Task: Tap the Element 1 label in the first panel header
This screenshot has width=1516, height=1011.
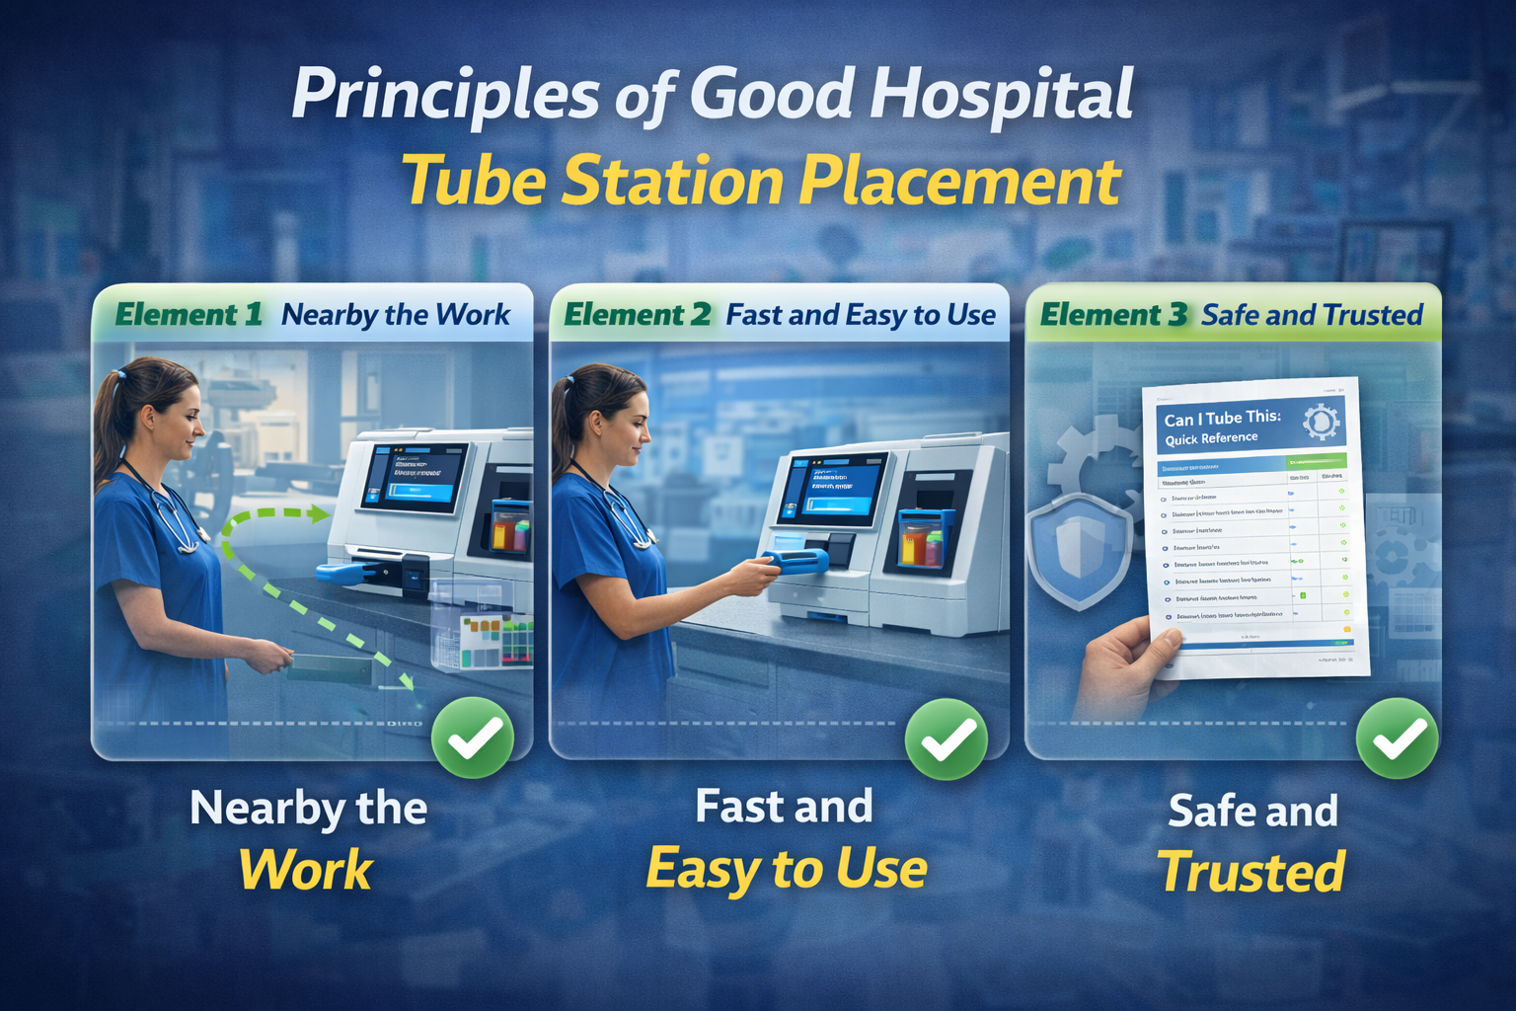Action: [x=189, y=315]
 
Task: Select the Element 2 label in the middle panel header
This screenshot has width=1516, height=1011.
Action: [x=637, y=315]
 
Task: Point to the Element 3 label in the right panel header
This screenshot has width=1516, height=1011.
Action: [x=1113, y=315]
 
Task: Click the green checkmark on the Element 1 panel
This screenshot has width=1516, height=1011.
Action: [x=473, y=738]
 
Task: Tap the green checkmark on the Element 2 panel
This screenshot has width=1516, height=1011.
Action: [x=946, y=739]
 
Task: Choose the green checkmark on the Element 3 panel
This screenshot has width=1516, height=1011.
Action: [x=1397, y=739]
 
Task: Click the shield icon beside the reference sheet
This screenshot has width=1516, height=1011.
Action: [x=1079, y=549]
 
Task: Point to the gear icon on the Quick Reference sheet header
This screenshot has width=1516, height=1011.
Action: [x=1321, y=423]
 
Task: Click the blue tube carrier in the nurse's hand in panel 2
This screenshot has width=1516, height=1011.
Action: [x=799, y=562]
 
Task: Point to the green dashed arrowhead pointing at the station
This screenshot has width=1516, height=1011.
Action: [x=318, y=513]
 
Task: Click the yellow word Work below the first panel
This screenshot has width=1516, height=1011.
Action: [x=306, y=871]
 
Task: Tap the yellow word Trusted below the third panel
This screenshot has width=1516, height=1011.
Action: [x=1251, y=873]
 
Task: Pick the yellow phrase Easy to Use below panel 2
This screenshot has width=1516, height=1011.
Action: [x=787, y=869]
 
